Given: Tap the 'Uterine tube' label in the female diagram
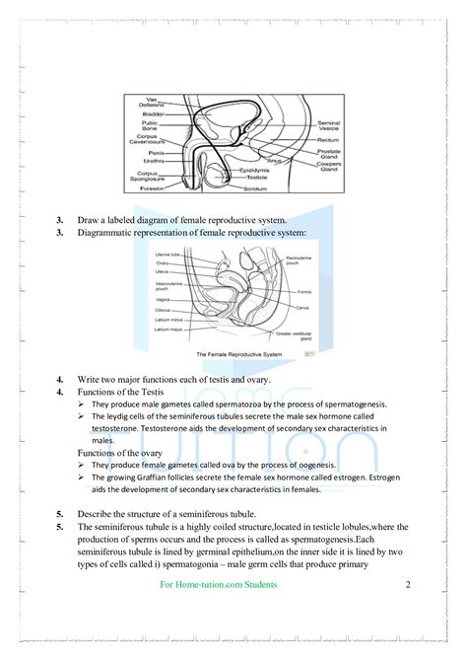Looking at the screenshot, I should tap(168, 254).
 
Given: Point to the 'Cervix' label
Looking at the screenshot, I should tap(303, 309).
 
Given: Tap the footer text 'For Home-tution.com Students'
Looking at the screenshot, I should tap(218, 585).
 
